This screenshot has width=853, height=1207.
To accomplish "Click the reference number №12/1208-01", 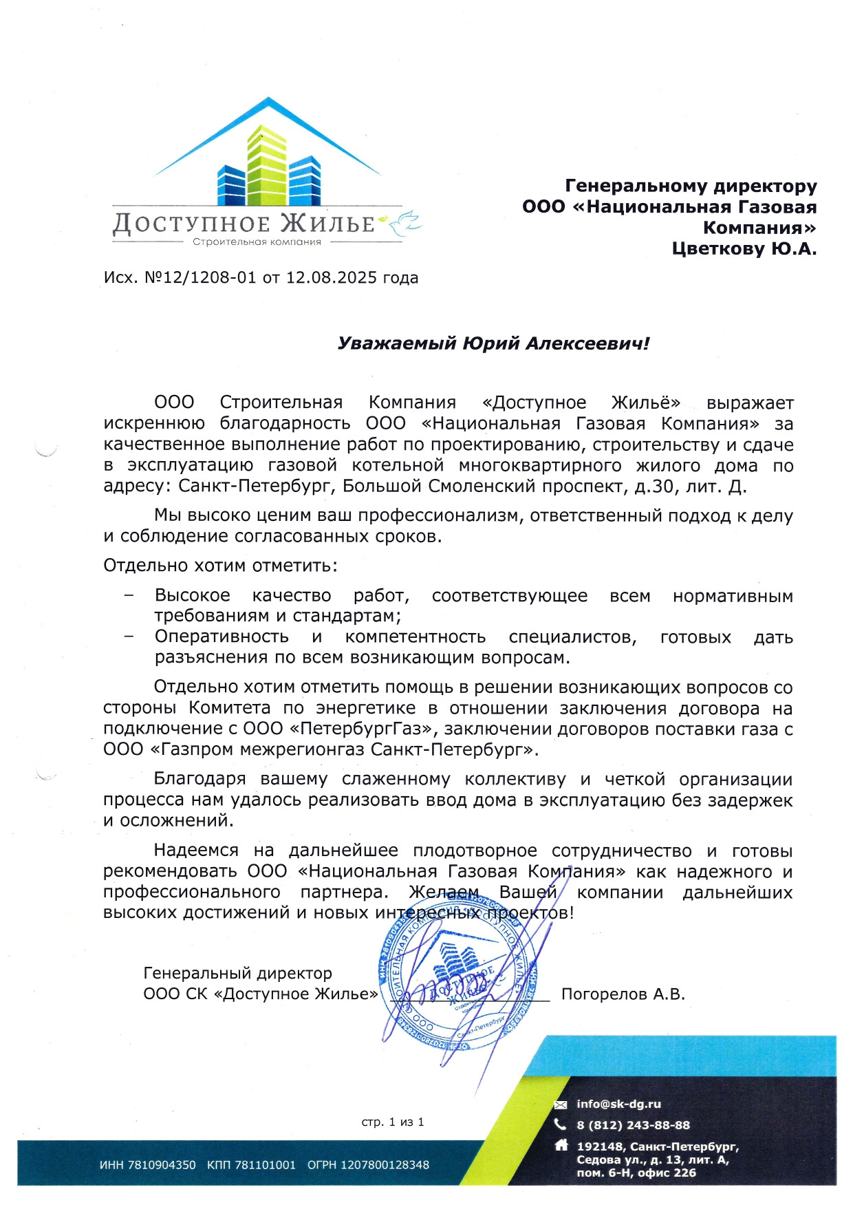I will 200,277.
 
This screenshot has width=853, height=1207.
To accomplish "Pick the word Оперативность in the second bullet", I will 222,637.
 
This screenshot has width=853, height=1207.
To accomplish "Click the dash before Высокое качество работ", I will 129,596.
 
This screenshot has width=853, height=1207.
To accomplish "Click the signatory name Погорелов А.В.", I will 623,994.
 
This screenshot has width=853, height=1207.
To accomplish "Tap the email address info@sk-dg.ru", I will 618,1104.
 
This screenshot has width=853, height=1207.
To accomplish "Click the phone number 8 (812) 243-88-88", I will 633,1125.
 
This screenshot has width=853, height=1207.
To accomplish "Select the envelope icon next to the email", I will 561,1104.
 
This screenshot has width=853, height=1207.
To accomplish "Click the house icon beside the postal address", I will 561,1146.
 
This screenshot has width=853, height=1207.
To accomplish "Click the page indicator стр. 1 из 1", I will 393,1122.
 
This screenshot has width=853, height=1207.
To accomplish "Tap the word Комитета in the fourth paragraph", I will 230,708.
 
